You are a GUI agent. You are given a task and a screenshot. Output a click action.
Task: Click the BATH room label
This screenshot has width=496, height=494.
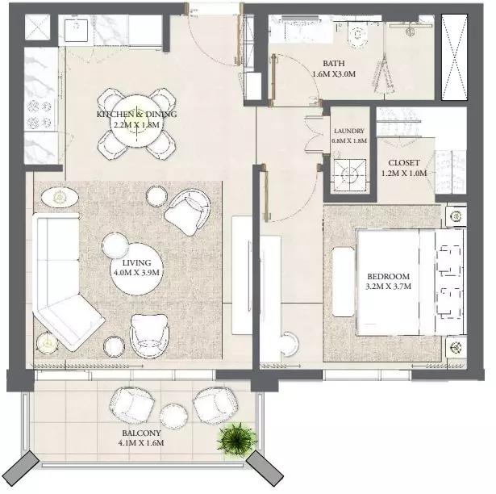[x=334, y=63]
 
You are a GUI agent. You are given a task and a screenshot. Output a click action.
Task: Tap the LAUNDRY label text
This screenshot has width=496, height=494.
[x=349, y=131]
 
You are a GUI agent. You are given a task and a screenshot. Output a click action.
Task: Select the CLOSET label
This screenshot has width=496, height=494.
[x=403, y=163]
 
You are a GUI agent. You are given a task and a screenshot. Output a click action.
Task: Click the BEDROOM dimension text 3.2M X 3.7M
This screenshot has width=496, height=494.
[x=389, y=287]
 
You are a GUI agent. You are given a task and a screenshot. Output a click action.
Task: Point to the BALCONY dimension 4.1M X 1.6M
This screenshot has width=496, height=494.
[x=141, y=442]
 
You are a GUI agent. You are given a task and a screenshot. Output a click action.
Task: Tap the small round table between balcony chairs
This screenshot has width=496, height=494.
[x=173, y=416]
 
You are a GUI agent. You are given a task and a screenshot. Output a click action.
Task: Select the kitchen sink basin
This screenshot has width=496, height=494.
[x=77, y=31]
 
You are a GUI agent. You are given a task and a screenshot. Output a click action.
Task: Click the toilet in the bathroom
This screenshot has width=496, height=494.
[x=358, y=34]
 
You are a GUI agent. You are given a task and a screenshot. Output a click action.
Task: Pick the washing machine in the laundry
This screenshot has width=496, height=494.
[x=350, y=175]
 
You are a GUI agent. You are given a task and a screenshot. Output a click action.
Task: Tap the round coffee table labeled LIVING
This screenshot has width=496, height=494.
[x=136, y=269]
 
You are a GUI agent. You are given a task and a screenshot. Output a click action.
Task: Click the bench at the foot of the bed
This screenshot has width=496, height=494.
[x=344, y=282]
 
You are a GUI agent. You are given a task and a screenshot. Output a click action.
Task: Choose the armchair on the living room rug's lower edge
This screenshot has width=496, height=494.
[x=149, y=337]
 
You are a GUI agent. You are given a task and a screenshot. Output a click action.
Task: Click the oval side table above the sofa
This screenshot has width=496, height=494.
[x=60, y=198]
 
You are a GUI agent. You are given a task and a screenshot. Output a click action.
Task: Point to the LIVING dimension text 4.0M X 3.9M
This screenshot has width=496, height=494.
[x=136, y=273]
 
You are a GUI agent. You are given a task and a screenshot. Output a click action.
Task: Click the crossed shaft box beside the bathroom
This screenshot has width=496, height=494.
[x=454, y=57]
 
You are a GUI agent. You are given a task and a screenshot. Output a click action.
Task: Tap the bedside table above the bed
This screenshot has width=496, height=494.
[x=456, y=216]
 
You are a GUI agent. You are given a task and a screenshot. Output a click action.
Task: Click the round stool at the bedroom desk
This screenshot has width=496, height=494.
[x=290, y=344]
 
